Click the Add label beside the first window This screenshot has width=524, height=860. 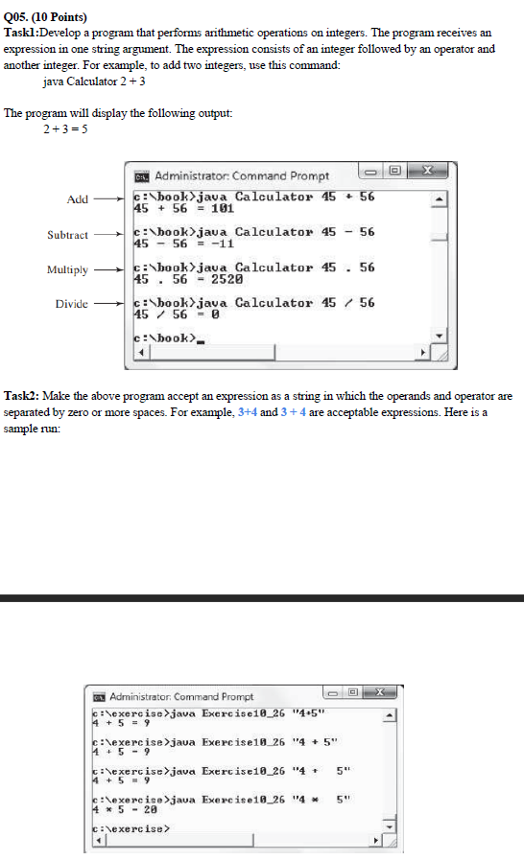tap(77, 199)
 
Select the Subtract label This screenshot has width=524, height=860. tap(67, 235)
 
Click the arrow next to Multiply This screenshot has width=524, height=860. tap(110, 270)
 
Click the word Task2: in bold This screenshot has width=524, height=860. tap(22, 396)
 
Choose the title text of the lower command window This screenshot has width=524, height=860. tap(181, 696)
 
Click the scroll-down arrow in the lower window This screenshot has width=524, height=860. tap(391, 826)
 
